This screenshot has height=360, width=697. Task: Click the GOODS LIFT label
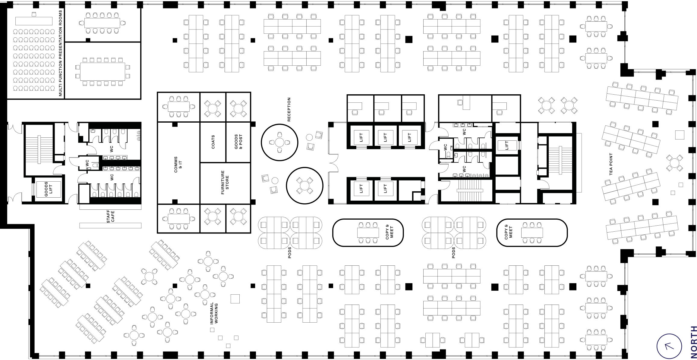48,189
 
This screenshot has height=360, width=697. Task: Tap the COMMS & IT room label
178,164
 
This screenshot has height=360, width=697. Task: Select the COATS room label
213,142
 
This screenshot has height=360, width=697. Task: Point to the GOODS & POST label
238,142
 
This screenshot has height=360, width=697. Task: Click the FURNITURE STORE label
225,182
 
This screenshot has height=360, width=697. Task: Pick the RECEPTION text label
289,109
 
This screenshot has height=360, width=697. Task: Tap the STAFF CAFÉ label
111,217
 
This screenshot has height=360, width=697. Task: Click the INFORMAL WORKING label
214,313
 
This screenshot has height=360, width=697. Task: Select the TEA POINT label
611,164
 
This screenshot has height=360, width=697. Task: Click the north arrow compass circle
669,346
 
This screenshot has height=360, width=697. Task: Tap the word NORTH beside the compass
693,342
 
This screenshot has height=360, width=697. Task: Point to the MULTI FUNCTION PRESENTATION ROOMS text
61,53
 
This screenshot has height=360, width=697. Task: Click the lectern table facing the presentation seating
34,21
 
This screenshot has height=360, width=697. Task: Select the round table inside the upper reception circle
279,142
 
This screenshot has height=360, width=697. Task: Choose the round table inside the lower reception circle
304,185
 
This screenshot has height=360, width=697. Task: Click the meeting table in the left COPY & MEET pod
368,233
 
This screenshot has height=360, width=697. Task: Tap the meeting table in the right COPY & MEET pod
532,233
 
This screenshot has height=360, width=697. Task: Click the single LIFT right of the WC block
507,146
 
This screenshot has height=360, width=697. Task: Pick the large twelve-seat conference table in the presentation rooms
102,72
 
